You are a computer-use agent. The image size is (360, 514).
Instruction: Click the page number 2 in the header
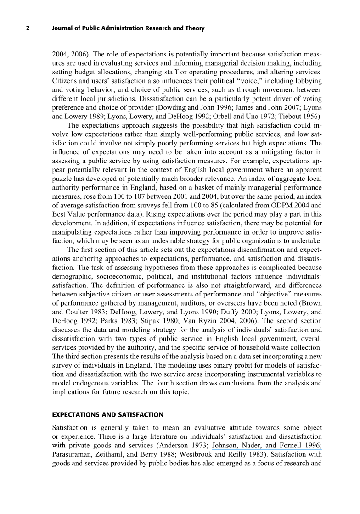(x=28, y=28)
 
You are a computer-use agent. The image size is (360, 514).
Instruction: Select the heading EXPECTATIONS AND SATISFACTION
(x=108, y=415)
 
